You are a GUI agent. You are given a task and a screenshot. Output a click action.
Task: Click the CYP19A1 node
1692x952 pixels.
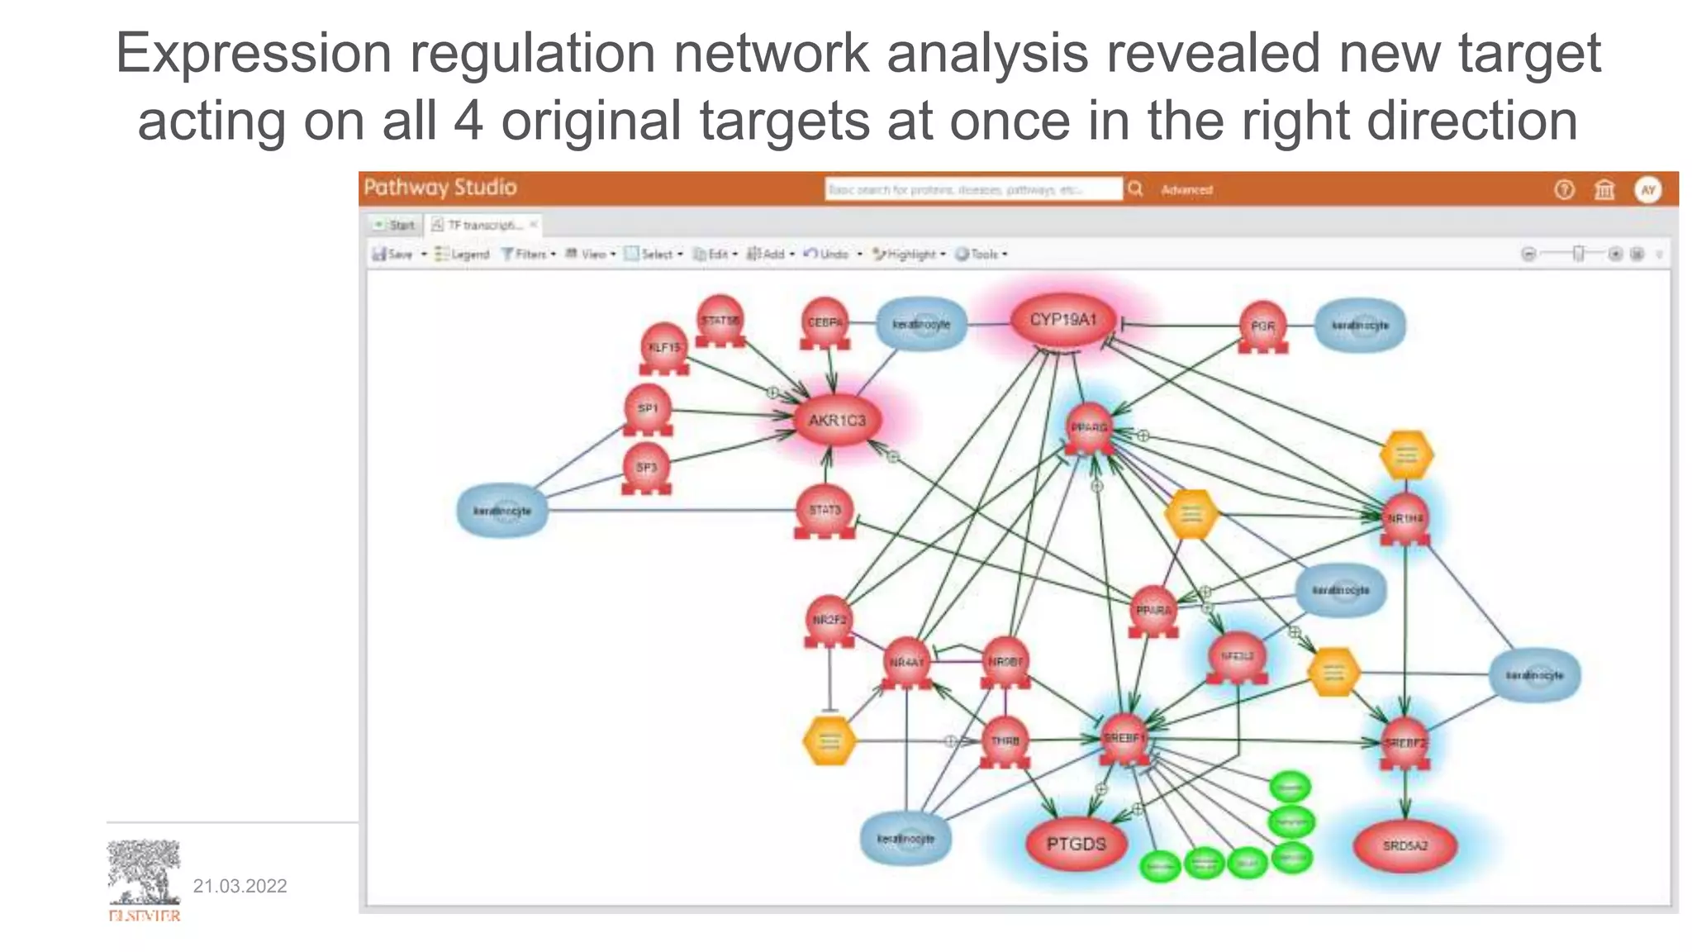coord(1062,321)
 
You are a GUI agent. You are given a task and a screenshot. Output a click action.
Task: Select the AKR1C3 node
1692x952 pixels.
coord(836,421)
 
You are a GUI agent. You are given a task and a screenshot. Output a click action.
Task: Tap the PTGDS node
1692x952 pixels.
coord(1075,845)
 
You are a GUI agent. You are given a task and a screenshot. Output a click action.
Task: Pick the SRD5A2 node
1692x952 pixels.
coord(1404,845)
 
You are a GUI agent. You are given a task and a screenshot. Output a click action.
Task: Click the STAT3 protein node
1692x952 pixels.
coord(825,511)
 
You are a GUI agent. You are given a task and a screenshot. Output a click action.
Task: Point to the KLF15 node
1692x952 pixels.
coord(663,348)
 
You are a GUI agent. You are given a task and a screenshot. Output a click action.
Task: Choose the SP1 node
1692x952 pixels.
coord(648,409)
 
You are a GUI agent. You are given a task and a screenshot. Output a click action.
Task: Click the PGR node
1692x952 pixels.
coord(1262,327)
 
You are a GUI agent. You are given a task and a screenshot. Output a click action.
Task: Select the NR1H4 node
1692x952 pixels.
coord(1404,519)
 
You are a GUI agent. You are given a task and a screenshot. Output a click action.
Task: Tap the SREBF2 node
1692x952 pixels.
coord(1404,743)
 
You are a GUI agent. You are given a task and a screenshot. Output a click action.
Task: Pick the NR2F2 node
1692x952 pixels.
coord(829,620)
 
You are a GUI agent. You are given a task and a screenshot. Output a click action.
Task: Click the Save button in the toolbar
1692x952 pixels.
coord(393,255)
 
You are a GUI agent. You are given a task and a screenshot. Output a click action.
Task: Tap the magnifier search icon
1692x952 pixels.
coord(1135,189)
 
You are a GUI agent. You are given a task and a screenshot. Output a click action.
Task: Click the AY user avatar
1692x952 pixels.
coord(1647,190)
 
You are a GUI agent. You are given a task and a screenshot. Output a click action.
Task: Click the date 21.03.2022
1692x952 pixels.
coord(240,887)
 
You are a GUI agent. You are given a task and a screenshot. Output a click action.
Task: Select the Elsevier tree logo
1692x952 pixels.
coord(144,873)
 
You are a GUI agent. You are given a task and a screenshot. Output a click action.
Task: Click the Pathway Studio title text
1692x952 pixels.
coord(440,188)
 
